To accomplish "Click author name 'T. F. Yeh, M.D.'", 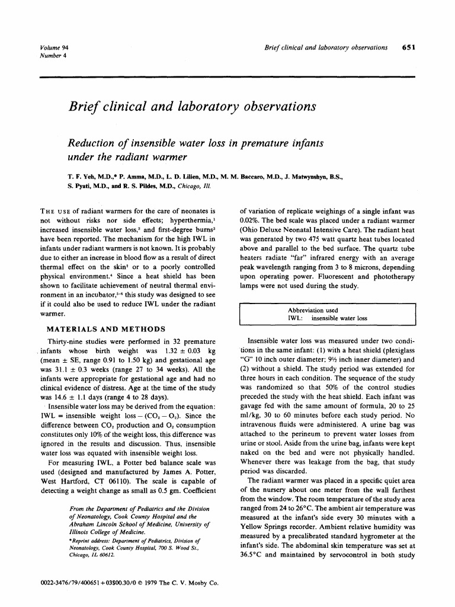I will (x=88, y=176).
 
